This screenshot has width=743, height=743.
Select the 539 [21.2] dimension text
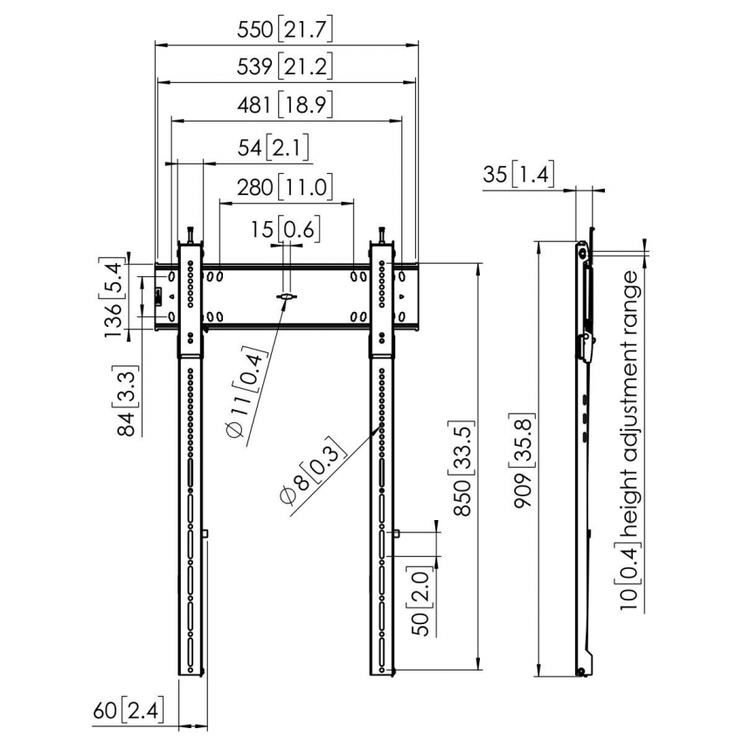click(285, 67)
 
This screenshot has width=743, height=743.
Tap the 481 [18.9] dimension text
click(285, 107)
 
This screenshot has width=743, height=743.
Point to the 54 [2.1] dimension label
click(274, 147)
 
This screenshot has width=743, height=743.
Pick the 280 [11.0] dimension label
click(285, 186)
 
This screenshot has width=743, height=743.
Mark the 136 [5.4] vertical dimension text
click(113, 297)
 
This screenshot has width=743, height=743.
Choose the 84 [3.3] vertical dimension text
click(128, 401)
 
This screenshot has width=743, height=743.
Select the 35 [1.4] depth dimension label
click(517, 175)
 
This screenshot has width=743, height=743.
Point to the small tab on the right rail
click(397, 533)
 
